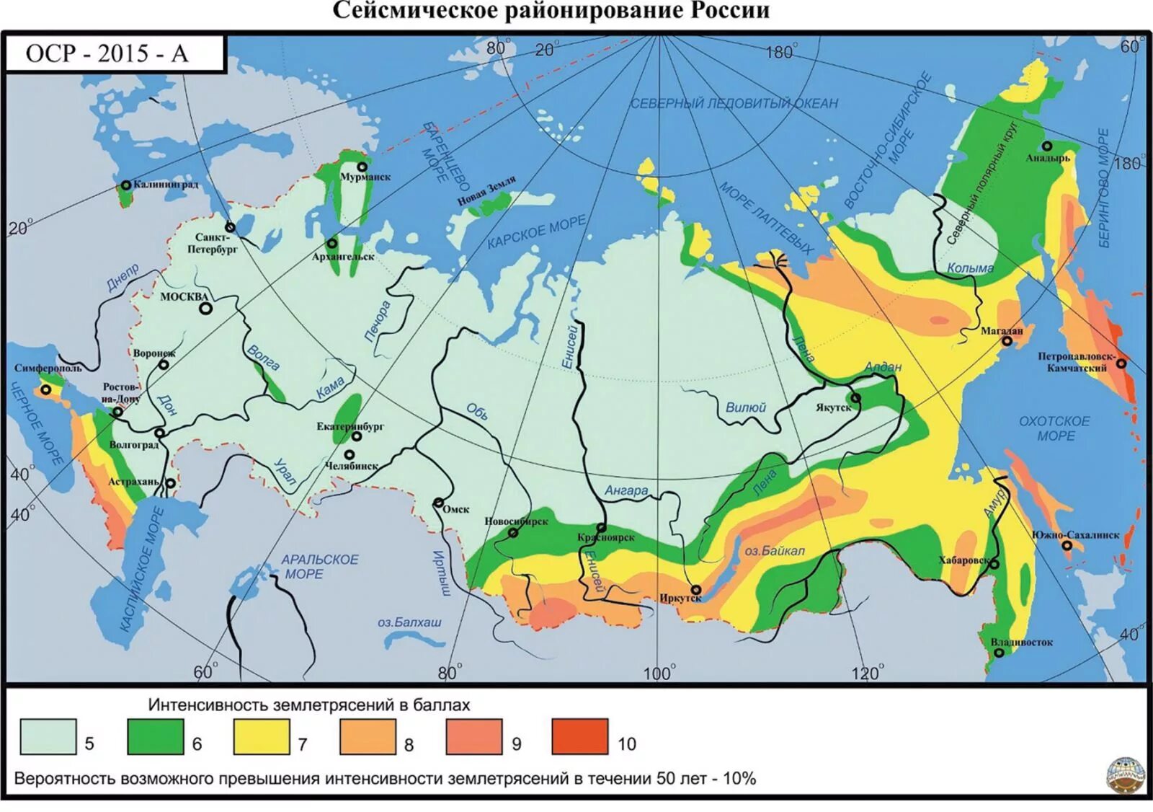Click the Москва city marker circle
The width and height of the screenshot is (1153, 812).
(206, 309)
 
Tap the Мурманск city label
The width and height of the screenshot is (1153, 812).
(365, 177)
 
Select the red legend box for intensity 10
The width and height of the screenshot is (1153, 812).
(580, 736)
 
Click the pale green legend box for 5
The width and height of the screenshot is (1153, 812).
(48, 736)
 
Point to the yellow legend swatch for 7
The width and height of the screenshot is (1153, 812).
(262, 736)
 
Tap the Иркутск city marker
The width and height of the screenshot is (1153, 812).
(696, 590)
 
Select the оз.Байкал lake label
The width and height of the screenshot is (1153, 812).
(774, 551)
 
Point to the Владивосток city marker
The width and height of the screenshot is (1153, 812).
(1000, 653)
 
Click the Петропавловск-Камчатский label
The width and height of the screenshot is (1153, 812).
(1076, 362)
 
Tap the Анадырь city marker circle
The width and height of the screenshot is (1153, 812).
(1047, 146)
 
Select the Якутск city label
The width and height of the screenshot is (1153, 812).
(833, 408)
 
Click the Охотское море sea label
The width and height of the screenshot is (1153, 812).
(1055, 428)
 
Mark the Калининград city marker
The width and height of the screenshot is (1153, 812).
(126, 185)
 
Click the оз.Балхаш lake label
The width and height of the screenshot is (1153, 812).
(409, 622)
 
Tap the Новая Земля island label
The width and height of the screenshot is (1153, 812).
(487, 190)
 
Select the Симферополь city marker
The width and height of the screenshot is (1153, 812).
(46, 389)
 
